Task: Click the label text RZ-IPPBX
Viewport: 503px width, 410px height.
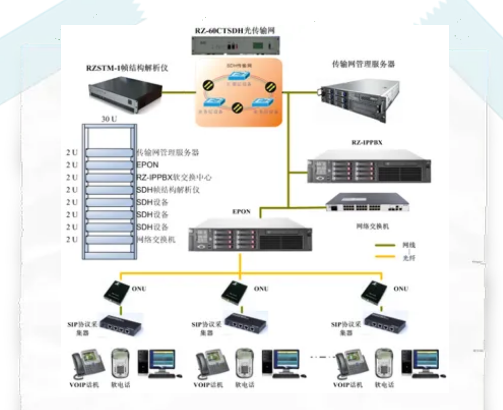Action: (367, 143)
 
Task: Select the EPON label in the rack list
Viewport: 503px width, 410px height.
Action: (147, 165)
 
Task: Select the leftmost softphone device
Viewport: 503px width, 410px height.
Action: (121, 364)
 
